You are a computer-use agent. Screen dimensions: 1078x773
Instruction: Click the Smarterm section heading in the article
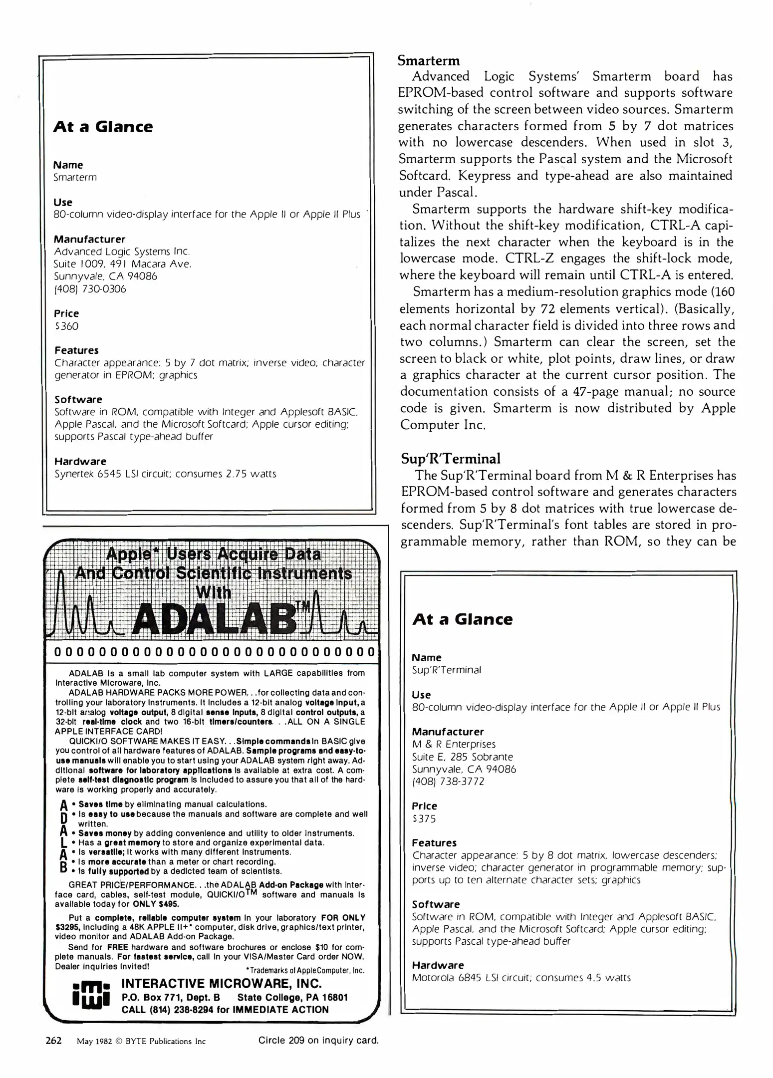[429, 61]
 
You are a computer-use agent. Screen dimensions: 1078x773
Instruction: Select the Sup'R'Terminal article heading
[450, 459]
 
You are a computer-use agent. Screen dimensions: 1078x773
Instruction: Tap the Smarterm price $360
[66, 326]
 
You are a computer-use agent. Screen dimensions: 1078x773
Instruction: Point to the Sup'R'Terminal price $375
[424, 818]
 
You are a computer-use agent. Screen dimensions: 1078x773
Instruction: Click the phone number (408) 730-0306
[90, 289]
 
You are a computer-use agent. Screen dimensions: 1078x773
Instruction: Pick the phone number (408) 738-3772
[448, 782]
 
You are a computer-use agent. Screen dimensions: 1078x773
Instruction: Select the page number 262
[53, 1041]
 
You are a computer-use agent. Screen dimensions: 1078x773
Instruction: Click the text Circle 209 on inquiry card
[318, 1041]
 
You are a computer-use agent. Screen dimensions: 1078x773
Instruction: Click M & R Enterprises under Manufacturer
[453, 744]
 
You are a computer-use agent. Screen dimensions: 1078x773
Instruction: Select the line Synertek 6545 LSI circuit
[165, 474]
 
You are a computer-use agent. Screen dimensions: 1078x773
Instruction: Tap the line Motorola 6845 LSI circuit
[521, 978]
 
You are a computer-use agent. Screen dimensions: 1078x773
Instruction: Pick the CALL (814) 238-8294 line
[225, 1010]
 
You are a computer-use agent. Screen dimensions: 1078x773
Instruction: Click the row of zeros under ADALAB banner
[214, 652]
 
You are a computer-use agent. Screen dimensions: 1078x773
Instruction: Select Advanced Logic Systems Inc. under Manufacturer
[122, 252]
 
